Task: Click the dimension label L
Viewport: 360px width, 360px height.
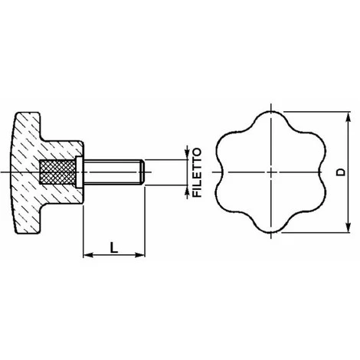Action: (114, 247)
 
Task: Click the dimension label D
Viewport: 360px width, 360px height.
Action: (340, 172)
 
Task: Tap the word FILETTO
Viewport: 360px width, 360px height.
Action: (197, 172)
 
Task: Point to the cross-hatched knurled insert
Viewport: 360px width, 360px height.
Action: (57, 172)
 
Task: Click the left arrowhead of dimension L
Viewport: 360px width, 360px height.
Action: (87, 255)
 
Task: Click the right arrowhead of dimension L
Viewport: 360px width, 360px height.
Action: (140, 255)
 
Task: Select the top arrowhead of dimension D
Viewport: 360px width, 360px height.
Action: (348, 119)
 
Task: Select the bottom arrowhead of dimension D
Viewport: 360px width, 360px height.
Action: (348, 227)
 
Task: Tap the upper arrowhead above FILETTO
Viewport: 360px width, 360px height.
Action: (187, 154)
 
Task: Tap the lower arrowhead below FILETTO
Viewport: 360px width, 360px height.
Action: (187, 191)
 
